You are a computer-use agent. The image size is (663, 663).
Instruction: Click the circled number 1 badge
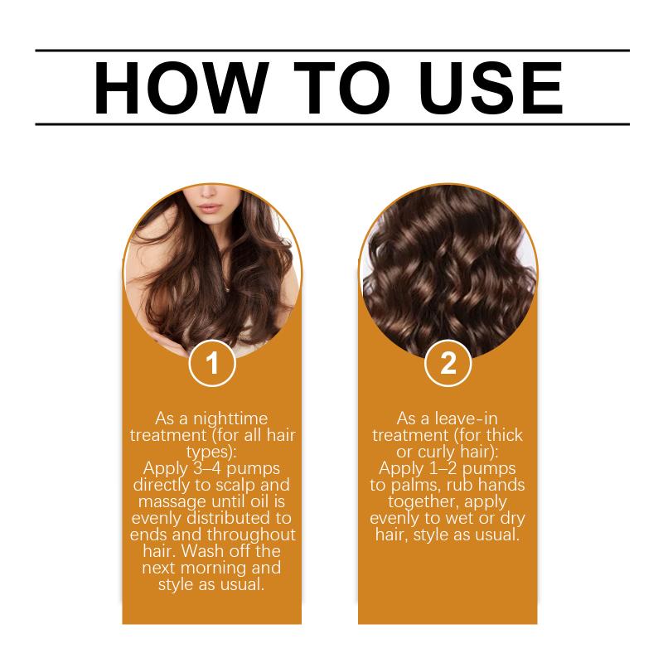212,363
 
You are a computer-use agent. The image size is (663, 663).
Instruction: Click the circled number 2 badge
448,363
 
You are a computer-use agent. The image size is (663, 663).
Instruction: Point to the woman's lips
211,209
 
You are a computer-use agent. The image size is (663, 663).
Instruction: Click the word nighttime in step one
230,419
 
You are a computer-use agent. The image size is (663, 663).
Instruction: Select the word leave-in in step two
467,419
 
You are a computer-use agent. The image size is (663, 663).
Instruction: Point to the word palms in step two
416,486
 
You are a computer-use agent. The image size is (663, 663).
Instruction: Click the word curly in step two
437,452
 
